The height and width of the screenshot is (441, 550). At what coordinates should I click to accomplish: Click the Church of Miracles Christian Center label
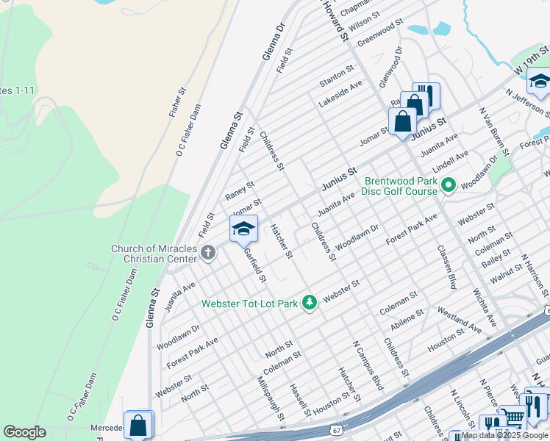coord(154,254)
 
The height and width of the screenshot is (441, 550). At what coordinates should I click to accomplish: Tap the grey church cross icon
coord(208,254)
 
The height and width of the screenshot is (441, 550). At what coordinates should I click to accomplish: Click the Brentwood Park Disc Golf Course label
coord(400,185)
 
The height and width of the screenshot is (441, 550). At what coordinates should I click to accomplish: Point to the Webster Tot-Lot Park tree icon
coord(310,303)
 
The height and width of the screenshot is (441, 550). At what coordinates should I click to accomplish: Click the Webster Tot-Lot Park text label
coord(250,303)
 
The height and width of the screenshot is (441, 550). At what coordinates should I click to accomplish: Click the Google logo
coord(24,432)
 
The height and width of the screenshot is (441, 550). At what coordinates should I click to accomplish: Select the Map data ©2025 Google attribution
coord(504,436)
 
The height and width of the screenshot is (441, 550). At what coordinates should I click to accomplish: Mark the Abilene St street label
coord(407,320)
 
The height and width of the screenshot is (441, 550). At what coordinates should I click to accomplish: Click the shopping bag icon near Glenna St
coord(138,425)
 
